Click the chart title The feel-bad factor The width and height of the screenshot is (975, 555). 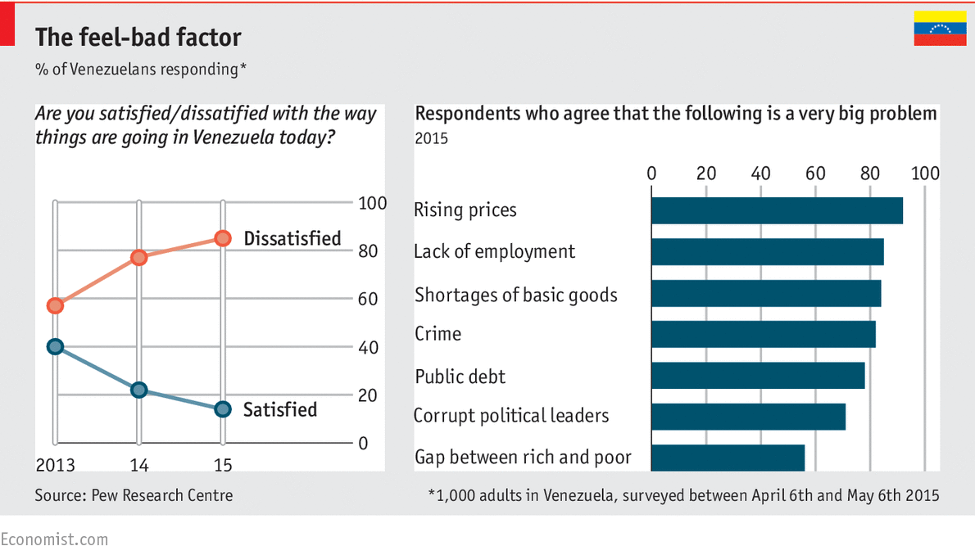tap(138, 37)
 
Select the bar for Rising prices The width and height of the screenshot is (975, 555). tap(777, 210)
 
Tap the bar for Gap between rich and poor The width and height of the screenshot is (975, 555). tap(728, 458)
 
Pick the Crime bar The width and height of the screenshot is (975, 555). tap(763, 334)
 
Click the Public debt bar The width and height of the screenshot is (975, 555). tap(758, 376)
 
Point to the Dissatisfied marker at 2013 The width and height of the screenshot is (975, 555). tap(55, 305)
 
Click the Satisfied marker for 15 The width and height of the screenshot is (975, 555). tap(222, 408)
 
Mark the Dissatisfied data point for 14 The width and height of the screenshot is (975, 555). tap(138, 257)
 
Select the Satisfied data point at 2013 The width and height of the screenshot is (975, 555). tap(55, 346)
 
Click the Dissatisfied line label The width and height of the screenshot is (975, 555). tap(292, 238)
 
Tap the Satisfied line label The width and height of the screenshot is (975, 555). tap(279, 409)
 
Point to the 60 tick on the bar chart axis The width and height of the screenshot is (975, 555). tap(815, 174)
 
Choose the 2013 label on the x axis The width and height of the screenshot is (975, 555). tap(55, 466)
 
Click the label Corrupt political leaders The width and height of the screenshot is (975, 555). tap(511, 416)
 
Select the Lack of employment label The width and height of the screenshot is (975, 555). tap(494, 251)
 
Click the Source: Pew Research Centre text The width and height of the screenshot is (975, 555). tap(134, 495)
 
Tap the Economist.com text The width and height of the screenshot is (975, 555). tap(54, 539)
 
